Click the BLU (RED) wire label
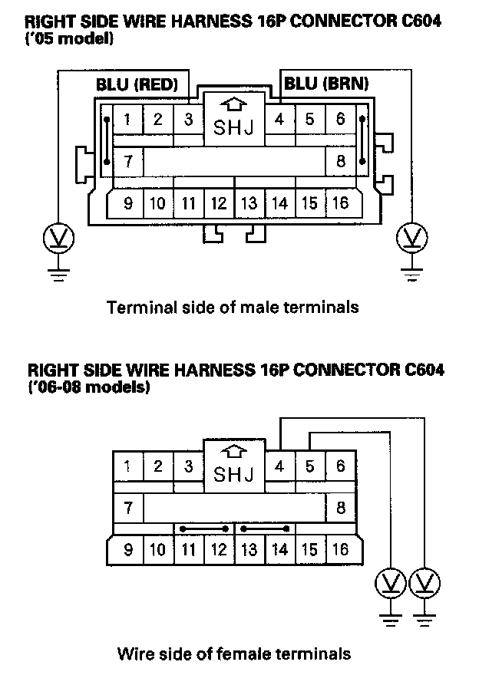[137, 84]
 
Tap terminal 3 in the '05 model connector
[188, 119]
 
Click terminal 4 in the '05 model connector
[279, 119]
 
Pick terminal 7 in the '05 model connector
[128, 162]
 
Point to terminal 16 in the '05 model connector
[339, 203]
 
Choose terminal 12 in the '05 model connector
[219, 203]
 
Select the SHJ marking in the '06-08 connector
[233, 473]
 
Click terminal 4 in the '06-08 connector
[279, 466]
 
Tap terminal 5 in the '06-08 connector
[309, 466]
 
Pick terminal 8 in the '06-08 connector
[339, 508]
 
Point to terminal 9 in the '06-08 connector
[128, 549]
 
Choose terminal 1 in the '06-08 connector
[128, 466]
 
